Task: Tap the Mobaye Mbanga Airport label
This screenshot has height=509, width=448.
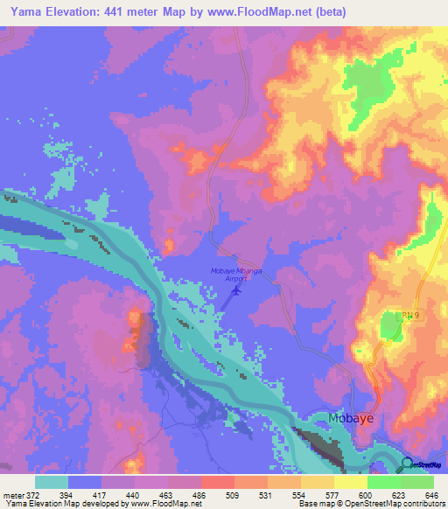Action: pos(237,275)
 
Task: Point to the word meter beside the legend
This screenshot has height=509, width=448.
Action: pos(13,494)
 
